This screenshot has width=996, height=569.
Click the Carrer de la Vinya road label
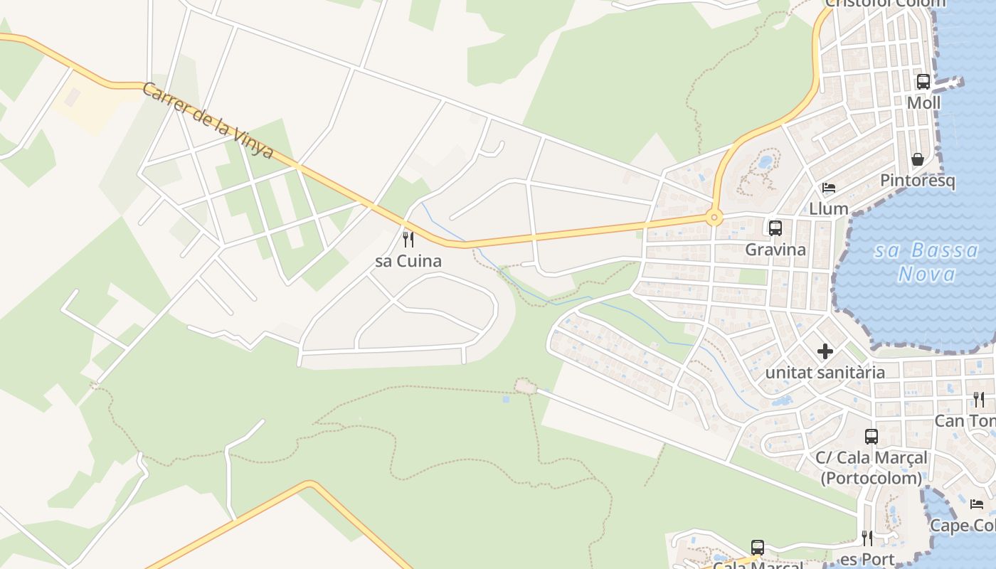tap(208, 121)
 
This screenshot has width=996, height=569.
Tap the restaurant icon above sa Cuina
tap(408, 239)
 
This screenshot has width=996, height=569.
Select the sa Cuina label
tap(408, 261)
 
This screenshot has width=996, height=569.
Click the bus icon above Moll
tap(923, 82)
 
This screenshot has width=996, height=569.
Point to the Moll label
tap(923, 103)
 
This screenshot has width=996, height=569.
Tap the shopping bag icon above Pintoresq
tap(918, 159)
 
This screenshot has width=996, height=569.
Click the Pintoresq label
tap(918, 181)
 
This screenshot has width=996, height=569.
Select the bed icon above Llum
tap(829, 188)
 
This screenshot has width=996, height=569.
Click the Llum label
tap(829, 208)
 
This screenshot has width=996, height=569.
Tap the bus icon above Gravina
tap(775, 228)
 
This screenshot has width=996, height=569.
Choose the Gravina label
tap(775, 250)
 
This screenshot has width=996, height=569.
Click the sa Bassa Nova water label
tap(926, 262)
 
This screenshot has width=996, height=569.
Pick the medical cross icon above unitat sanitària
tap(825, 351)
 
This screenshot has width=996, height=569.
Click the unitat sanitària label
tap(825, 372)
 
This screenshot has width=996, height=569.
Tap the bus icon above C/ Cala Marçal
tap(871, 437)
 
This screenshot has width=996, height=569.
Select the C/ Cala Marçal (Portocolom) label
tap(871, 467)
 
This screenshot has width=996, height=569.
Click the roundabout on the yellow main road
tap(714, 218)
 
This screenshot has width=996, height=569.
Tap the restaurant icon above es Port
tap(867, 538)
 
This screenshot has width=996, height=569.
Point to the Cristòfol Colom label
tap(886, 4)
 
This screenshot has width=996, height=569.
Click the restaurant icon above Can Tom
tap(979, 400)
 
